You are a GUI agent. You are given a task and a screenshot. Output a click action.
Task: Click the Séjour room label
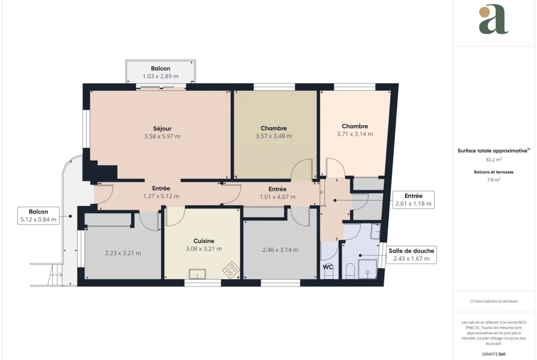[162, 129]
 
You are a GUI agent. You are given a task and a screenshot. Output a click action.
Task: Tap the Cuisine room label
[204, 241]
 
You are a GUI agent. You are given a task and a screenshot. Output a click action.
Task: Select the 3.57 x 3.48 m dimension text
[274, 136]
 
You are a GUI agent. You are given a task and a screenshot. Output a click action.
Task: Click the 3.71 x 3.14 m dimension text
[355, 134]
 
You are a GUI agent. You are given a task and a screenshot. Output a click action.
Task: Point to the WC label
[328, 267]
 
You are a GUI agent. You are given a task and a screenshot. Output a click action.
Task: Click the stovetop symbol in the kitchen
[231, 270]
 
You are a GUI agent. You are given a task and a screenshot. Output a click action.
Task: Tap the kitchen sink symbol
[197, 274]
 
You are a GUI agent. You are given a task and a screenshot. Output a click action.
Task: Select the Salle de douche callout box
[411, 255]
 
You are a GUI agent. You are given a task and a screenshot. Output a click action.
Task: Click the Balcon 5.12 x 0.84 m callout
[39, 216]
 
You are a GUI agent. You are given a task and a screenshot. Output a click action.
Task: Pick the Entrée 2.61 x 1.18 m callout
[414, 200]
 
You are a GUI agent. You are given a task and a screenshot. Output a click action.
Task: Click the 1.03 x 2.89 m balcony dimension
[161, 76]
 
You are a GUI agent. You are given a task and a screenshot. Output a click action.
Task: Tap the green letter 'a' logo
[493, 20]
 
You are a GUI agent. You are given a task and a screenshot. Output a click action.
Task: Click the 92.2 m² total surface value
[493, 160]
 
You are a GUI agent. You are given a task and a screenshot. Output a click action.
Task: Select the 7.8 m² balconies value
[493, 180]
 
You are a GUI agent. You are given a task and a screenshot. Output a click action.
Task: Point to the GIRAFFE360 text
[493, 354]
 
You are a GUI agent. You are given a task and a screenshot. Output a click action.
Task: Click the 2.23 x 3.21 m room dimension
[123, 253]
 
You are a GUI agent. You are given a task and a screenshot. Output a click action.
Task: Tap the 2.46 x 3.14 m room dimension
[280, 250]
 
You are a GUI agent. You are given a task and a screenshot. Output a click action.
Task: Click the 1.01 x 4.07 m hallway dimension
[277, 197]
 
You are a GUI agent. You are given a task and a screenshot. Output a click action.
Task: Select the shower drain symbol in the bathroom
[368, 272]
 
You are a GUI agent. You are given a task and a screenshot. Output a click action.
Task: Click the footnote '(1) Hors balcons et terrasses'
[493, 301]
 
